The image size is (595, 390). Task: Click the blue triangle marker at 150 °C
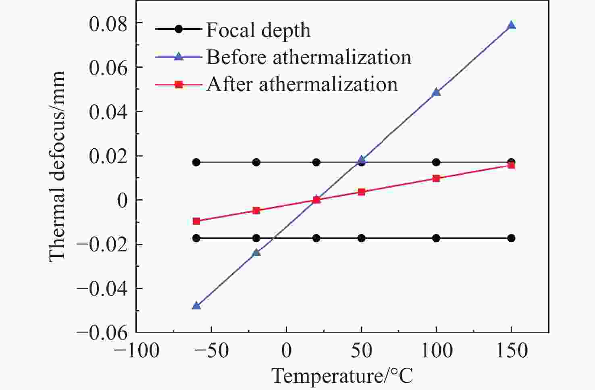[511, 25]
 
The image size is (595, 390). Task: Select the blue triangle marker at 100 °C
[436, 92]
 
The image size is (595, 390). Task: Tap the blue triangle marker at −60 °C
[196, 306]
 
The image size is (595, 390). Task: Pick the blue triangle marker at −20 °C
[256, 253]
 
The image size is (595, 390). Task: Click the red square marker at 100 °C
[436, 178]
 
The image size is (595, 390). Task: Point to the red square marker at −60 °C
[196, 221]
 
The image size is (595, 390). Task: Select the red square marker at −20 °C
[256, 210]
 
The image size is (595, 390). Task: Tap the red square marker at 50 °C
[362, 192]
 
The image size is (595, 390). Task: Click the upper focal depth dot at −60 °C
[196, 162]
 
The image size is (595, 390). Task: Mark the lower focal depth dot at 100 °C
[436, 238]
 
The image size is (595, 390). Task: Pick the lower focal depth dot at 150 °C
[511, 238]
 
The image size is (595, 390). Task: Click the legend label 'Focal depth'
[258, 30]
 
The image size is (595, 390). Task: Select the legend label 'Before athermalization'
[309, 57]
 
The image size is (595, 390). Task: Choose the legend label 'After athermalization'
[302, 84]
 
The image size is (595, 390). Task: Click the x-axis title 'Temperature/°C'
[343, 375]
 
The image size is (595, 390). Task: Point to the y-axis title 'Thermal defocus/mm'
[57, 166]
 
